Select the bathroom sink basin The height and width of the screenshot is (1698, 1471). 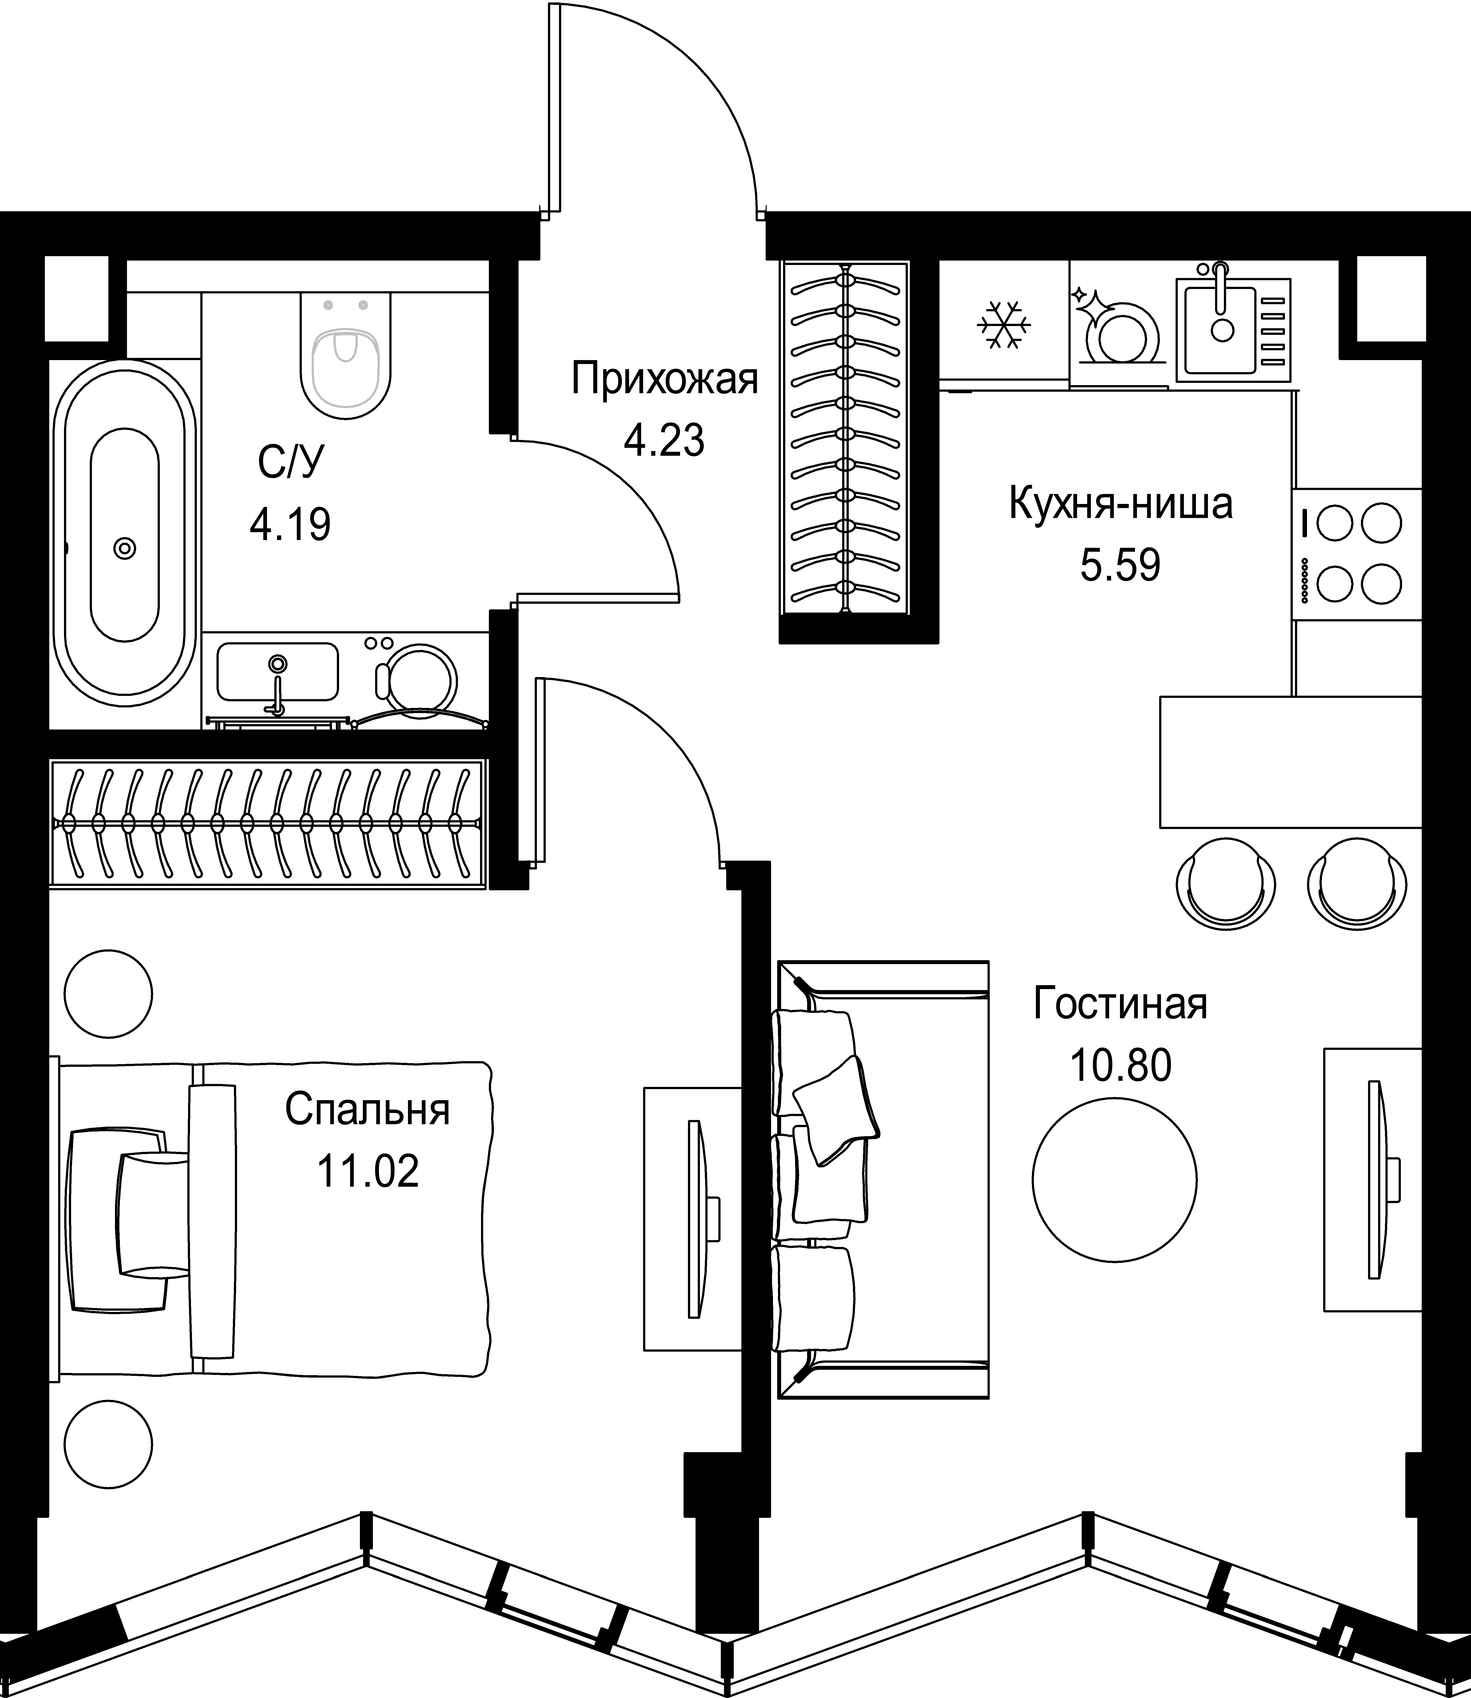(x=278, y=671)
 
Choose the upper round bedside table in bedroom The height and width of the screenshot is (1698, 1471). (x=109, y=994)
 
